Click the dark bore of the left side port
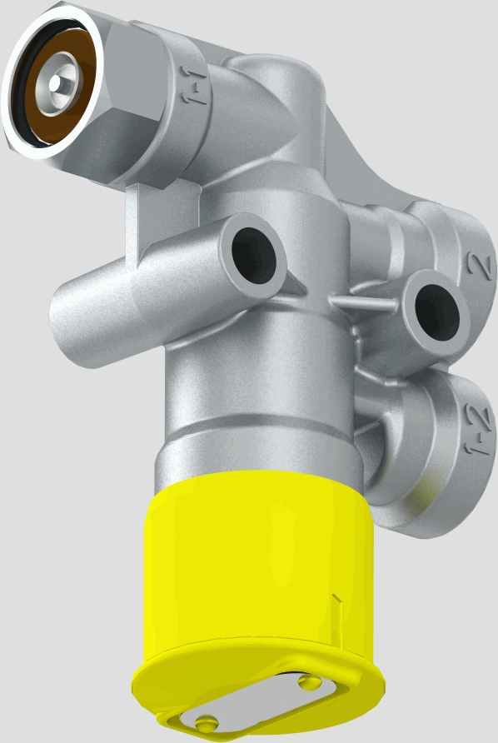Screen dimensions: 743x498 click(253, 252)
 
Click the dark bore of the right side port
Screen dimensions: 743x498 click(434, 312)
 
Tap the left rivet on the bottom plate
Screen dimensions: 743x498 click(205, 721)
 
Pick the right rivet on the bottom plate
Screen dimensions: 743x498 click(311, 683)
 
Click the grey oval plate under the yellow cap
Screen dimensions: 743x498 click(258, 706)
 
